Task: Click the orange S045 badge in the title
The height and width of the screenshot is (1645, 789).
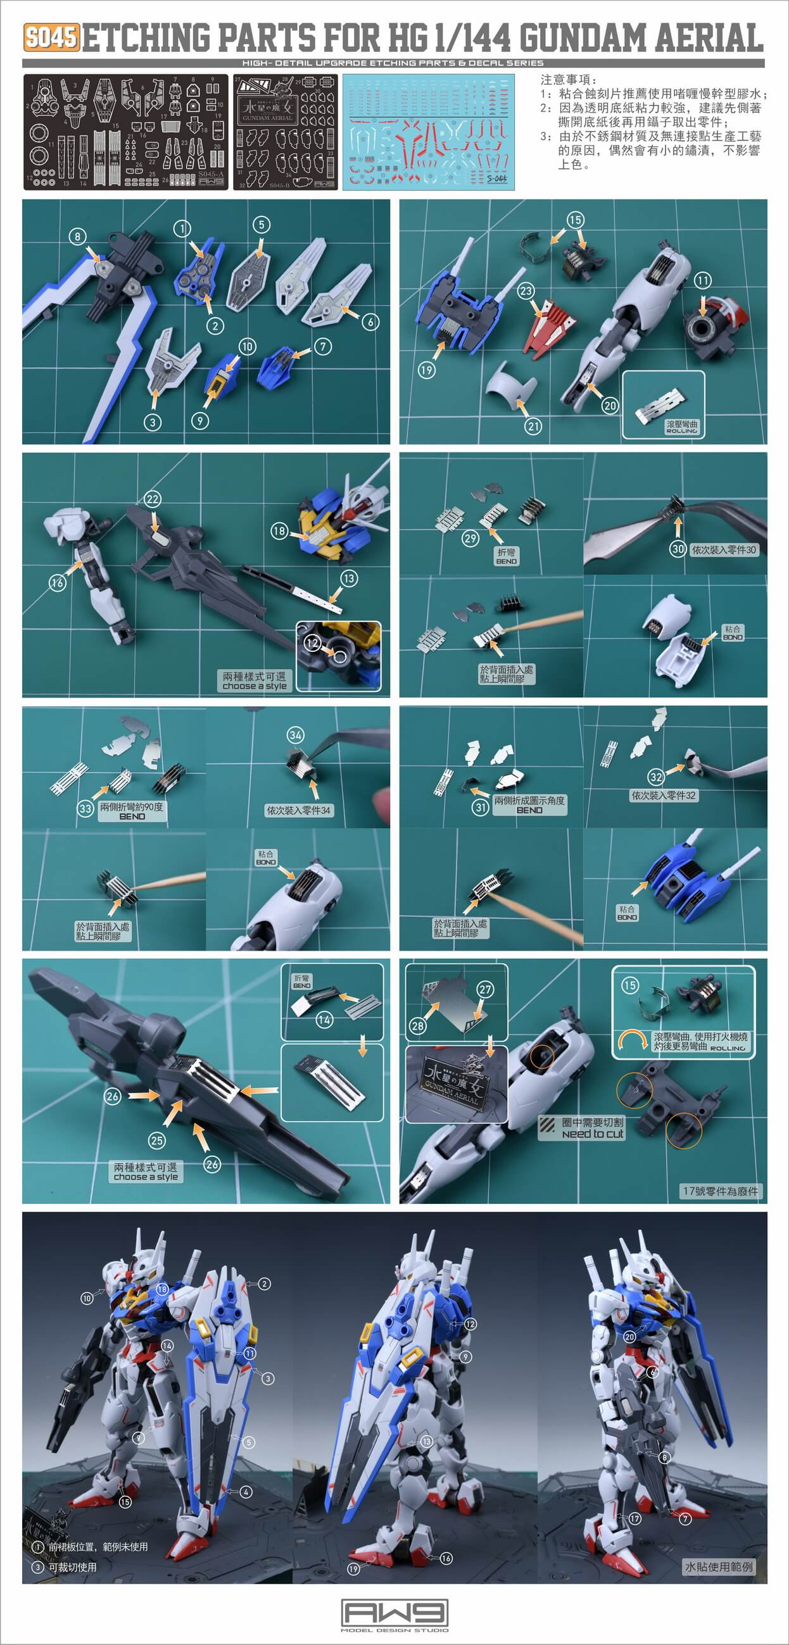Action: [52, 37]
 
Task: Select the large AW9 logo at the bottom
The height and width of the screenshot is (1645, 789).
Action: [394, 1613]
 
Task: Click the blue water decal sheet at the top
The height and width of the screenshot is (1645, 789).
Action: [428, 132]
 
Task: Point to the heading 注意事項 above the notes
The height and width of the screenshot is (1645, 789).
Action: [568, 80]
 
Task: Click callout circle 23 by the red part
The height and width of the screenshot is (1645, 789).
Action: [526, 291]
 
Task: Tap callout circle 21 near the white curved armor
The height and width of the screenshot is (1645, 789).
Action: [533, 427]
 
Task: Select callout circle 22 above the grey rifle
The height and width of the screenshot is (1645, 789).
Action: [152, 499]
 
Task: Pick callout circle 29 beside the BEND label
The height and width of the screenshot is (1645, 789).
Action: [471, 539]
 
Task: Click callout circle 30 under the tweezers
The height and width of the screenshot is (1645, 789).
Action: [678, 549]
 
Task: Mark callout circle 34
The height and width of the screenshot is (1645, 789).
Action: [295, 735]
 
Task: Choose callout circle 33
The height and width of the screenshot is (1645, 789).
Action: [85, 808]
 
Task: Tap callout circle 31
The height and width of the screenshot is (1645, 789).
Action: [481, 807]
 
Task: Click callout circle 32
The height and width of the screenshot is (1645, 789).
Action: [655, 777]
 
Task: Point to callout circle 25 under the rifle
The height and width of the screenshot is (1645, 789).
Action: [156, 1141]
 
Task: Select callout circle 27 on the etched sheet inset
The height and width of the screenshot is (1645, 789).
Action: [486, 990]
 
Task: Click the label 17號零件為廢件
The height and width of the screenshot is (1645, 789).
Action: [720, 1191]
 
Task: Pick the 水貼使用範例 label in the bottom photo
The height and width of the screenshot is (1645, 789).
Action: [719, 1567]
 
